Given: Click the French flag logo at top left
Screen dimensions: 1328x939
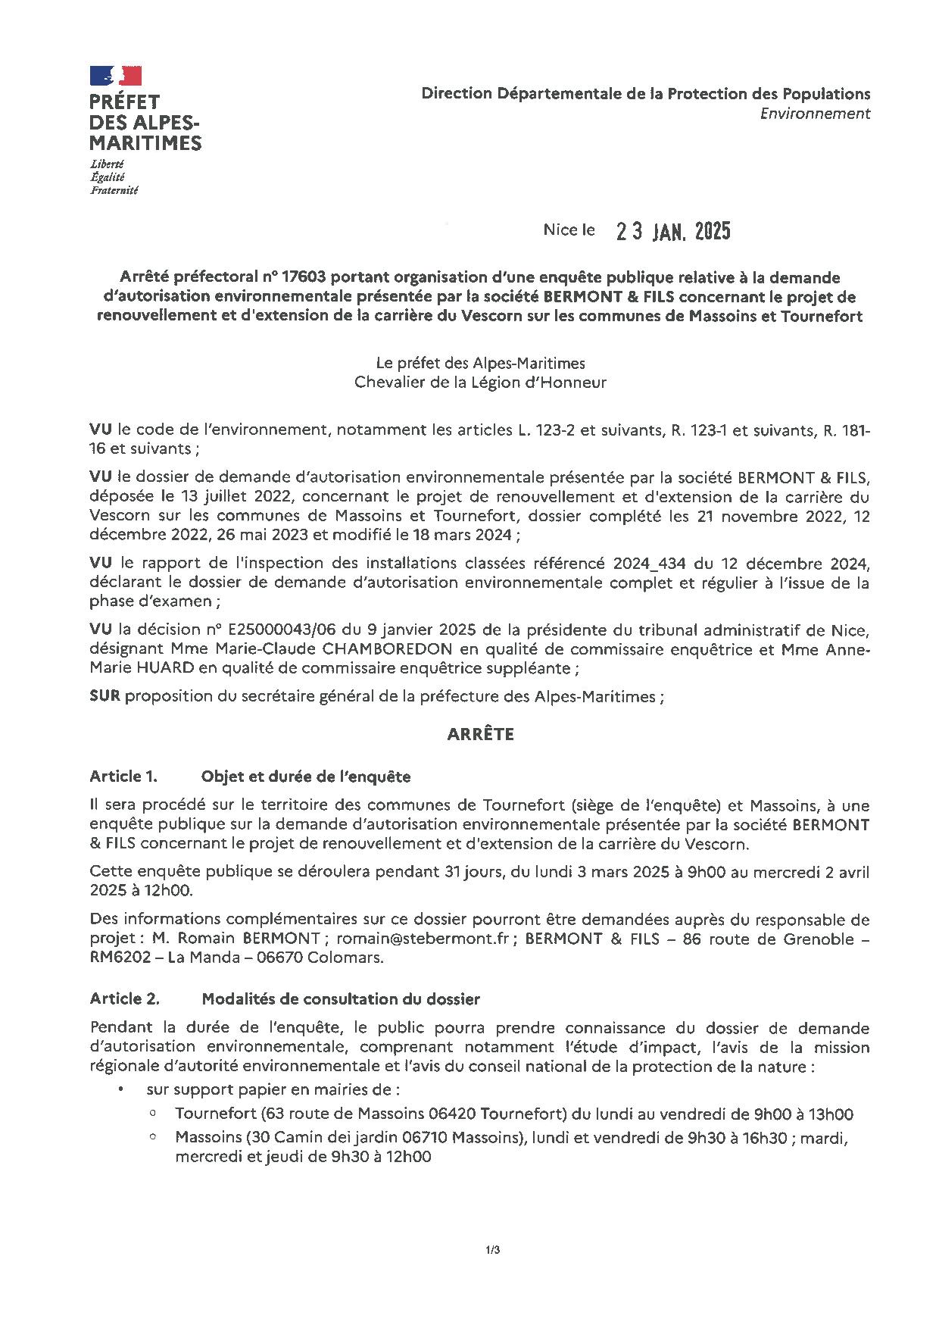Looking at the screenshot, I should (116, 75).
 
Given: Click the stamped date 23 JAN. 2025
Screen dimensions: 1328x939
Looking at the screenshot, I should (673, 231).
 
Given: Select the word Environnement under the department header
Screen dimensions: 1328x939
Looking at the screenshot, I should (815, 114).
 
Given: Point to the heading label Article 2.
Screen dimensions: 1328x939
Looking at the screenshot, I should (124, 998).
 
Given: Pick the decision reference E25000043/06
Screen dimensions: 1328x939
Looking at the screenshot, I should (267, 630).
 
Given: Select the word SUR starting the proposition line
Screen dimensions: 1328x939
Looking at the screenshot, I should (105, 697).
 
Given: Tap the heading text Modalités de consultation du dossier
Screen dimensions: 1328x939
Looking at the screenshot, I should (340, 998).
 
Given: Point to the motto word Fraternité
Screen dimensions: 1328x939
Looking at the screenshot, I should (114, 191).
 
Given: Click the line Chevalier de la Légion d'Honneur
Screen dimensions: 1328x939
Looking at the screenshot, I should (480, 383).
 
